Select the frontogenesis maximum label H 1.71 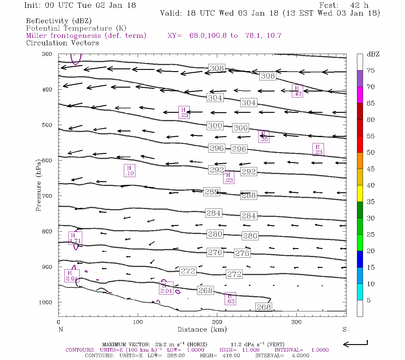75,238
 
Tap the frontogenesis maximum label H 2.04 72,276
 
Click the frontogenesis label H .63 230,299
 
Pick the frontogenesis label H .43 297,91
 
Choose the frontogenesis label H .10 129,170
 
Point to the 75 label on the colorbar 370,70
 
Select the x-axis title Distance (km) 202,329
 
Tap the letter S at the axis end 344,329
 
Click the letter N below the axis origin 61,329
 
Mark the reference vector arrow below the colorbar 355,344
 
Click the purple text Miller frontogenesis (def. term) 86,36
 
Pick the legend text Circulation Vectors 62,43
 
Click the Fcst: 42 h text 344,5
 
